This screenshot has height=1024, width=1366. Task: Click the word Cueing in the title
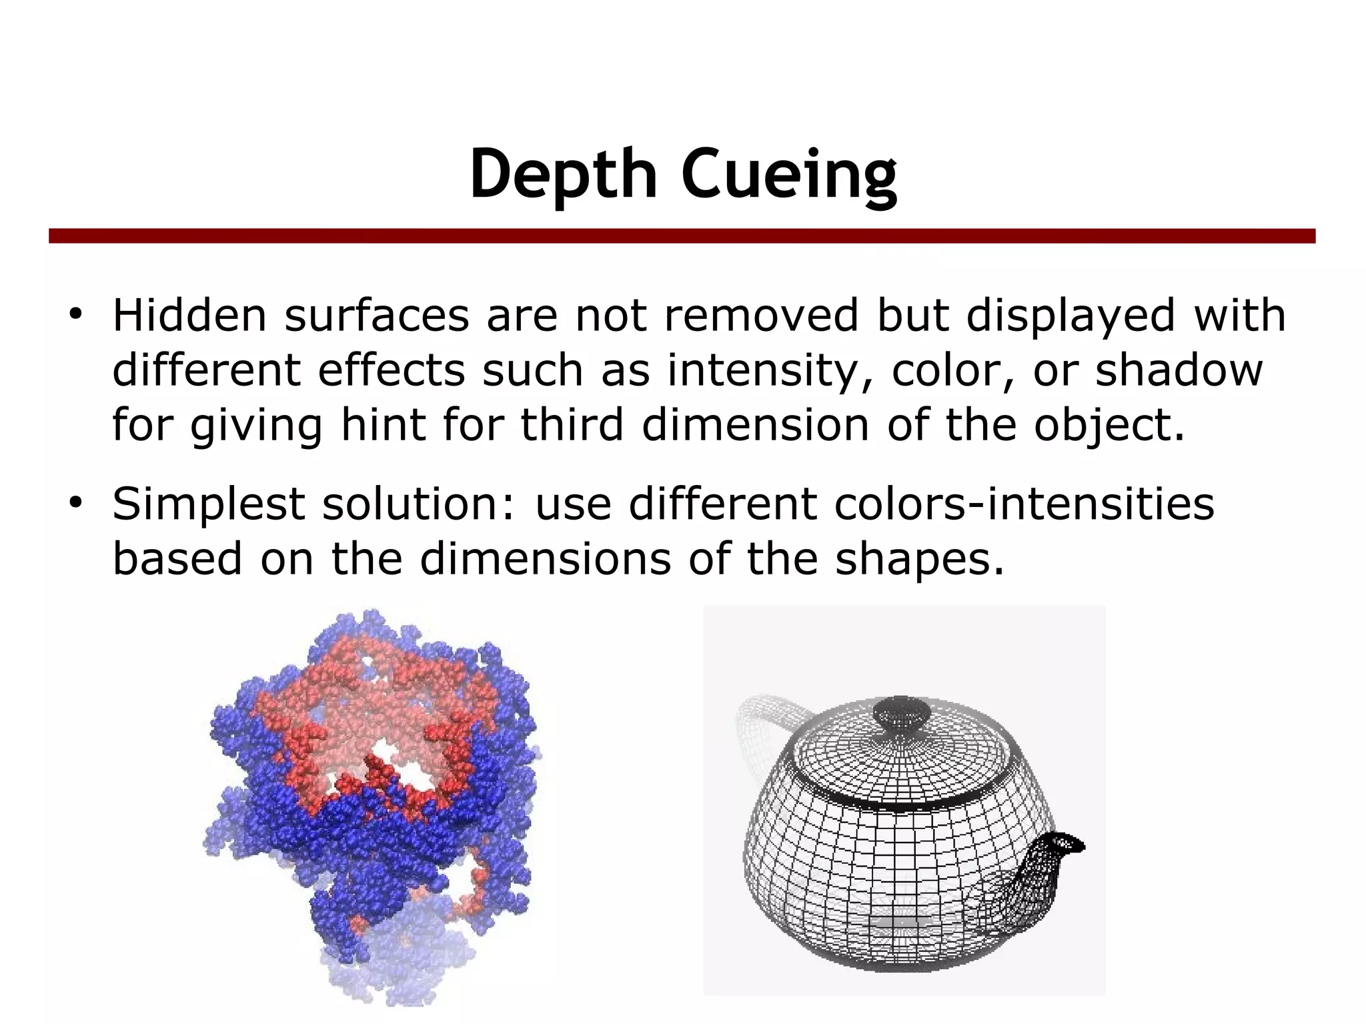tap(788, 174)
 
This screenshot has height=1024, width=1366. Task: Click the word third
tap(572, 425)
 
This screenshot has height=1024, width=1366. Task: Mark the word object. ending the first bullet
tap(1109, 426)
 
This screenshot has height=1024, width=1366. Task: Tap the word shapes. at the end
tap(919, 558)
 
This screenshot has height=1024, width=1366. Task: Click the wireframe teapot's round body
tap(880, 861)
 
